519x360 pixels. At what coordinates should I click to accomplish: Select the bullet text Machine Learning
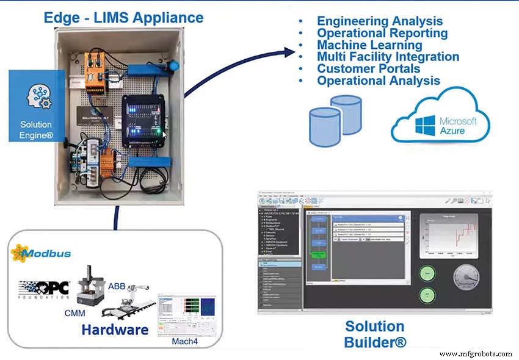tap(369, 45)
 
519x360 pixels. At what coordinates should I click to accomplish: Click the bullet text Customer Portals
tap(368, 68)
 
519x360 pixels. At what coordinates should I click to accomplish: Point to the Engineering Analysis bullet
tap(379, 21)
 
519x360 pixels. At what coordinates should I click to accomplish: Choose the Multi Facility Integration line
tap(388, 57)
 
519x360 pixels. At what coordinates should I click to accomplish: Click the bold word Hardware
tap(115, 330)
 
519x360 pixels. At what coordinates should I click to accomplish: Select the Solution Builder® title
tap(375, 334)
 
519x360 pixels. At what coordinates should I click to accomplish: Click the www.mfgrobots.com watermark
tap(475, 354)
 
